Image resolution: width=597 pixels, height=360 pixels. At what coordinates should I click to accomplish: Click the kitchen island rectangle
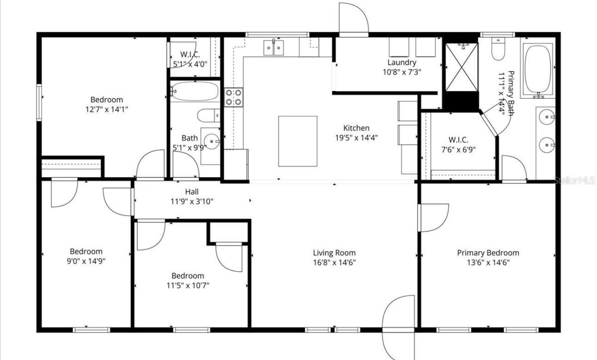(x=298, y=141)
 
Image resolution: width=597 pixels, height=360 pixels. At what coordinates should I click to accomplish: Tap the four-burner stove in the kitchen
(x=234, y=97)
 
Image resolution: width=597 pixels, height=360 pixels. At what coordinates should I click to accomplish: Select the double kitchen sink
(x=274, y=47)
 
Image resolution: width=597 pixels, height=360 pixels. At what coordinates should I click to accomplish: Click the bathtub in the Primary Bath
(x=537, y=70)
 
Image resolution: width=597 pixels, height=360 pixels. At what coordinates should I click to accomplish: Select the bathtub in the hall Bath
(x=194, y=92)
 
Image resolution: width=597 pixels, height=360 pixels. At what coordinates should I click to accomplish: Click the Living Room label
(x=334, y=253)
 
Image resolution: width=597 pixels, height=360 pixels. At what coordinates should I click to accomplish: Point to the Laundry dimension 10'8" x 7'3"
(x=402, y=72)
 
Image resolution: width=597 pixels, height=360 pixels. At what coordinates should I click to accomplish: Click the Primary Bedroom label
(x=488, y=253)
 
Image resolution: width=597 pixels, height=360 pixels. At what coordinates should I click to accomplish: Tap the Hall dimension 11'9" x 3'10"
(x=192, y=201)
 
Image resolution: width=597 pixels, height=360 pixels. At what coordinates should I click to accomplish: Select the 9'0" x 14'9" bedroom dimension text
(x=86, y=261)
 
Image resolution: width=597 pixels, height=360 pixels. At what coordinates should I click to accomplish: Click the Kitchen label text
(x=356, y=128)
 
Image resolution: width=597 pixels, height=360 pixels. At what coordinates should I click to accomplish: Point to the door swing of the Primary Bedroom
(x=434, y=217)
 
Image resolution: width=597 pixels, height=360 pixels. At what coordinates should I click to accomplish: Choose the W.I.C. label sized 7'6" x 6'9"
(x=458, y=140)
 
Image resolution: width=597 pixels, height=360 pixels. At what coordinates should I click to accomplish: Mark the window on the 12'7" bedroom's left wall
(x=39, y=101)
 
